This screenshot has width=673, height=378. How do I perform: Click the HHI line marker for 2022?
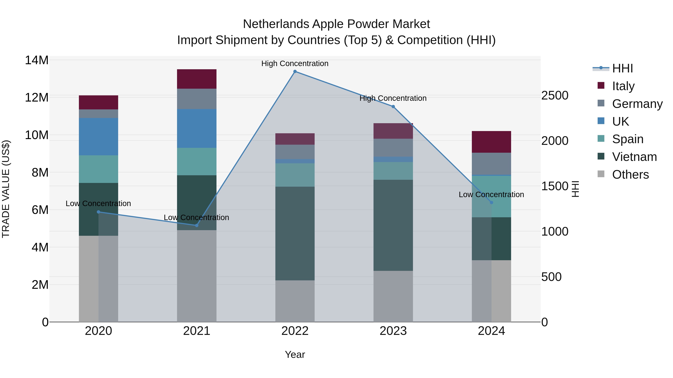pyautogui.click(x=295, y=71)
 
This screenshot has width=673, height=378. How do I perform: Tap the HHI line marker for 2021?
pyautogui.click(x=197, y=225)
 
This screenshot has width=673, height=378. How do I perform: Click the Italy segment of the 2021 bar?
pyautogui.click(x=197, y=79)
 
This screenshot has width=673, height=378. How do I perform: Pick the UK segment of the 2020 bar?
pyautogui.click(x=99, y=136)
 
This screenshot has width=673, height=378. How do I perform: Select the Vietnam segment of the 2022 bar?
pyautogui.click(x=295, y=234)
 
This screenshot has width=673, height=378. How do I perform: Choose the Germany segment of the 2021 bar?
pyautogui.click(x=197, y=99)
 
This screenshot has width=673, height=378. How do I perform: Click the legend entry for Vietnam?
pyautogui.click(x=634, y=157)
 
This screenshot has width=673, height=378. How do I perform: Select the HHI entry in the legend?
pyautogui.click(x=622, y=68)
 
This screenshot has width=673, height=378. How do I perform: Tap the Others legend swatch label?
pyautogui.click(x=630, y=175)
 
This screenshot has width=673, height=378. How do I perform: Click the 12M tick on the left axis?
pyautogui.click(x=37, y=98)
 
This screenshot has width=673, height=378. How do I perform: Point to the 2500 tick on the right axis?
pyautogui.click(x=554, y=95)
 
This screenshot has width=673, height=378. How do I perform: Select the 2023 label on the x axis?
pyautogui.click(x=393, y=331)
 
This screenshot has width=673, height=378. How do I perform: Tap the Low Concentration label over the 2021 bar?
pyautogui.click(x=196, y=217)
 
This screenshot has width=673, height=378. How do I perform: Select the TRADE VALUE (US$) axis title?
pyautogui.click(x=6, y=189)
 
